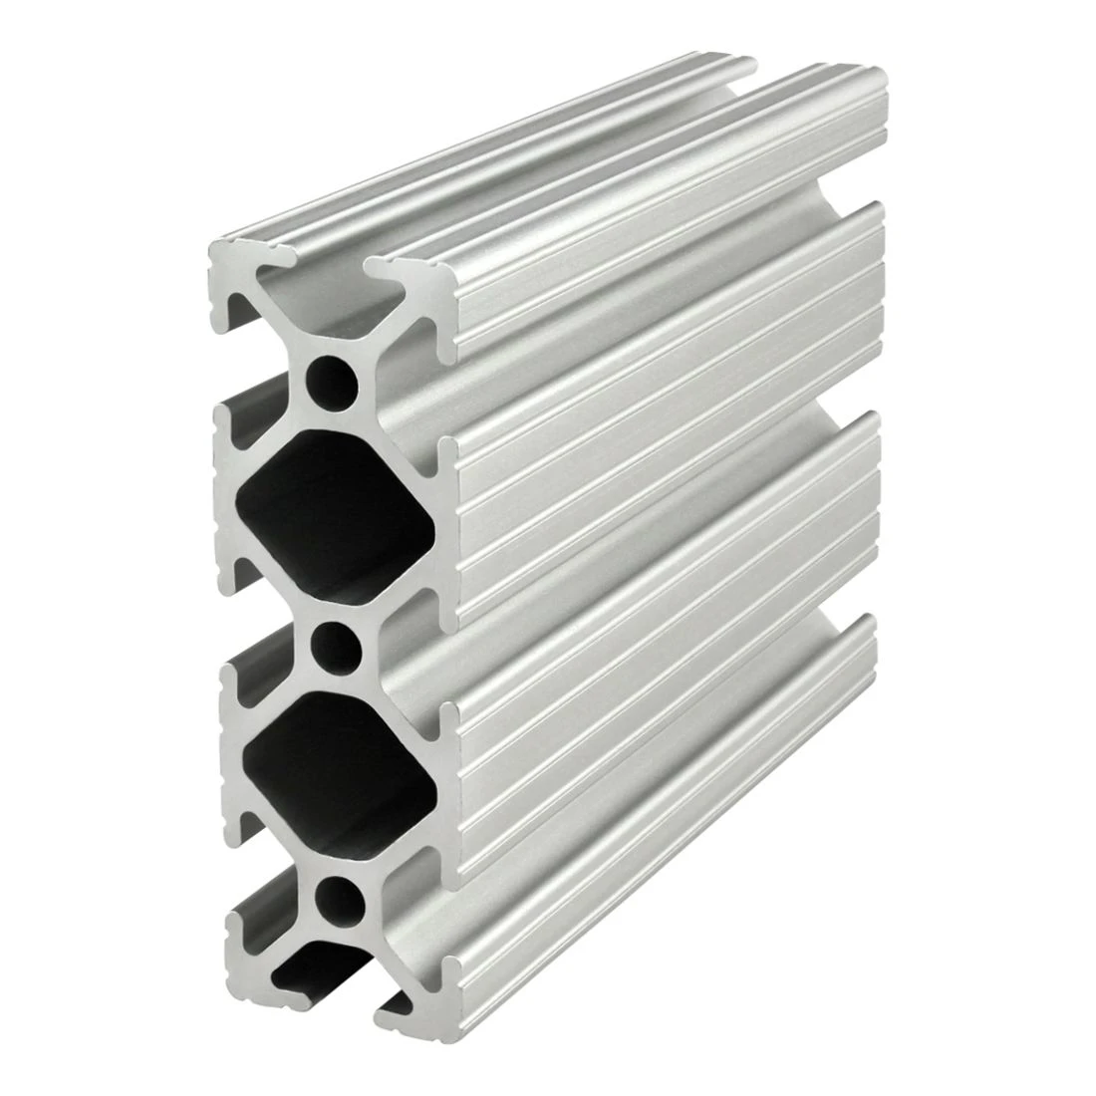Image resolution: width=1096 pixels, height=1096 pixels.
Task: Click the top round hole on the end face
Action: pyautogui.click(x=334, y=379)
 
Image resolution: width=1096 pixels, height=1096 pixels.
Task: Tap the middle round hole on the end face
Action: pyautogui.click(x=334, y=646)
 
